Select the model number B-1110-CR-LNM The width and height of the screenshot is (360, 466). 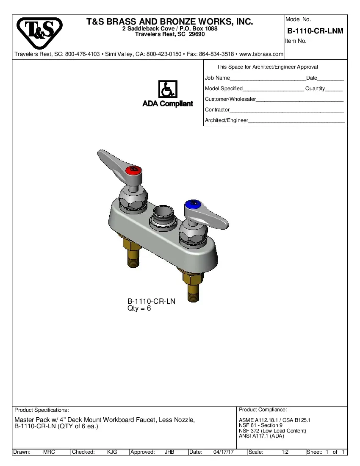[315, 31]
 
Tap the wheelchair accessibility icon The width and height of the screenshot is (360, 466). [168, 90]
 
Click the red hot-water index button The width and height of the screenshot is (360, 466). [133, 170]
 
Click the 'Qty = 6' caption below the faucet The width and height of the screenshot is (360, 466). [139, 309]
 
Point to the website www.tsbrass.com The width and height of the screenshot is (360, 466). [261, 54]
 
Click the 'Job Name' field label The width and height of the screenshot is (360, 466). [217, 78]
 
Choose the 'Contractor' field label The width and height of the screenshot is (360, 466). [217, 110]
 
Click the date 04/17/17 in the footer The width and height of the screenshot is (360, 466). [224, 452]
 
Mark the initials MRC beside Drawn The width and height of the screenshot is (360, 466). [49, 452]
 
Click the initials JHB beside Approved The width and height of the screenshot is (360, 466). [169, 452]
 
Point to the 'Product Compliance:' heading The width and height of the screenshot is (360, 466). [263, 410]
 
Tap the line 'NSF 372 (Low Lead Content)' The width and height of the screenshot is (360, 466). [272, 431]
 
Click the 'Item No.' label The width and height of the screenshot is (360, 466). [296, 41]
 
